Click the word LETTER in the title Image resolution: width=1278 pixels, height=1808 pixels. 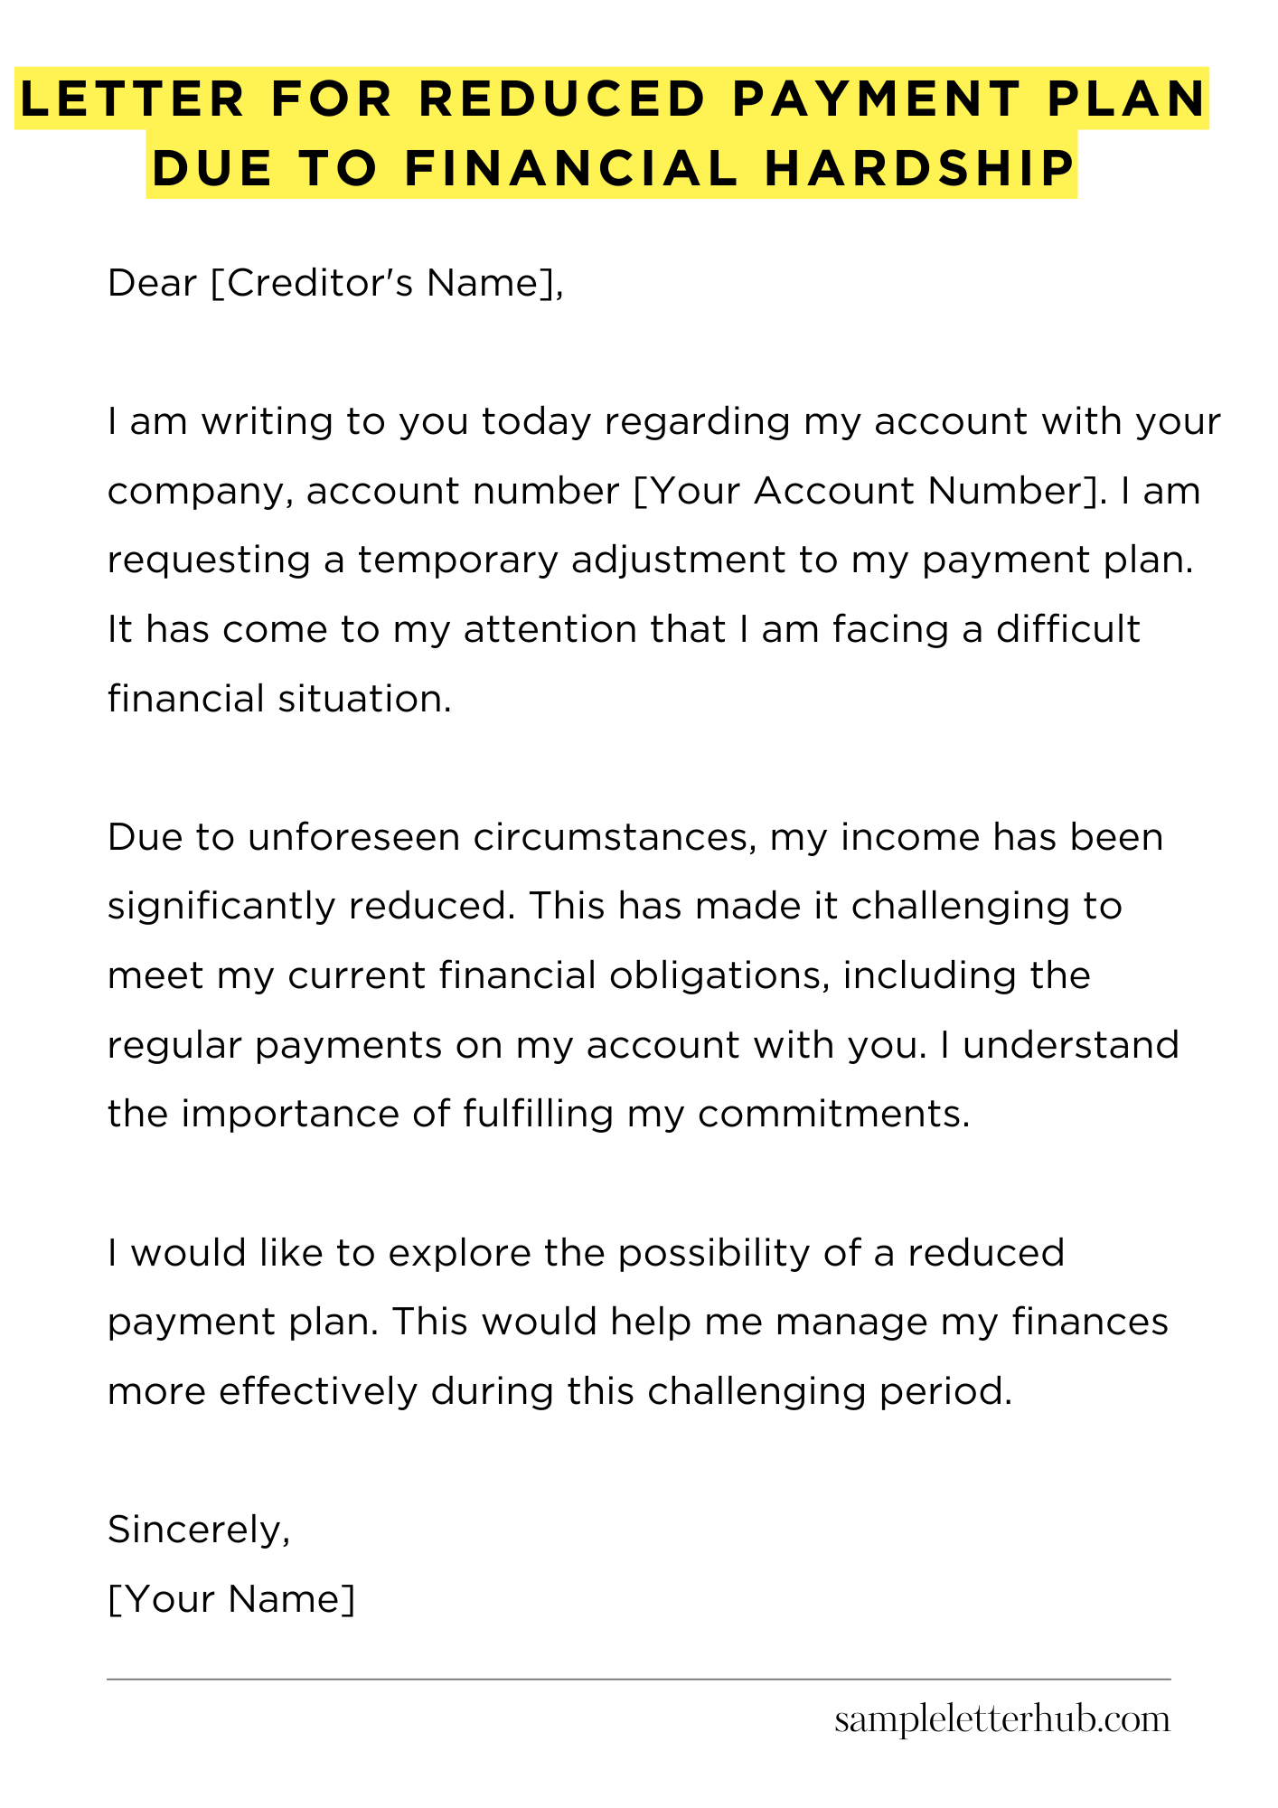point(132,99)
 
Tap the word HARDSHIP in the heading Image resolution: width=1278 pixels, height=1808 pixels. point(919,168)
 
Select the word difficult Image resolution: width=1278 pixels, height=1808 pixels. point(1067,629)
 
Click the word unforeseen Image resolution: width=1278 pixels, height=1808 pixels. point(353,837)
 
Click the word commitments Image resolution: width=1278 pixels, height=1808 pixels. point(833,1114)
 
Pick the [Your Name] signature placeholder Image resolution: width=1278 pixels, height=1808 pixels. point(231,1599)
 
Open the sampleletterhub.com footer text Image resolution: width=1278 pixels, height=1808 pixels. point(1001,1720)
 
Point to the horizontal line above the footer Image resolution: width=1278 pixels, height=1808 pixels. point(638,1680)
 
